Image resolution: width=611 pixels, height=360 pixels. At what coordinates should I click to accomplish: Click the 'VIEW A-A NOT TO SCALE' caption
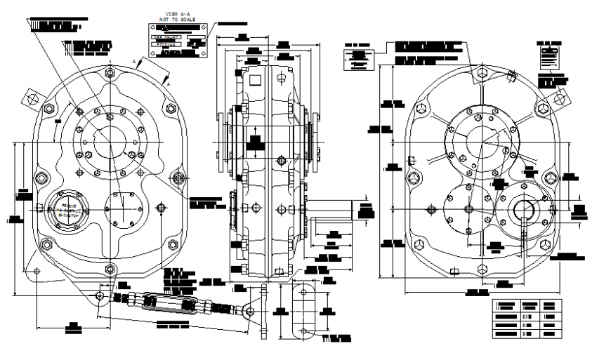(178, 18)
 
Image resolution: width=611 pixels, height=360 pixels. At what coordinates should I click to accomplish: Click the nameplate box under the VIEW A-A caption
(178, 41)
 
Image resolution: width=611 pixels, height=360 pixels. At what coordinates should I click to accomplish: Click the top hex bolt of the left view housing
(110, 72)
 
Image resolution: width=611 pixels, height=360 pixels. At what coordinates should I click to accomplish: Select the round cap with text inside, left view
(63, 209)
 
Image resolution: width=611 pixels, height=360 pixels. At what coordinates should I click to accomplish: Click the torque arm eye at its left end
(100, 296)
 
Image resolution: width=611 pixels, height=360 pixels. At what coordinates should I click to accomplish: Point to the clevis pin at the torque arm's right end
(249, 310)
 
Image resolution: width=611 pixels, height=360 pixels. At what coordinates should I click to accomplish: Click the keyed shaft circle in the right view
(524, 210)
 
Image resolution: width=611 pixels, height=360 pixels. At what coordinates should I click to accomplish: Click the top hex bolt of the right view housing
(481, 72)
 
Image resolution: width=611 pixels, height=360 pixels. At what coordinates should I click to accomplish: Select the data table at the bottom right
(527, 319)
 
